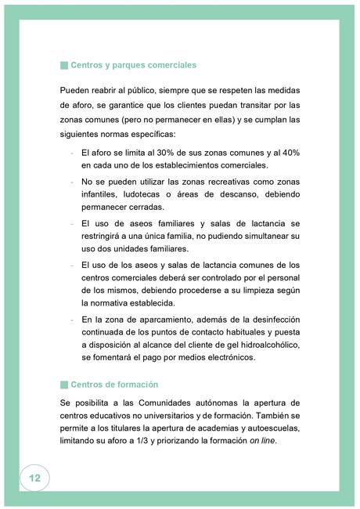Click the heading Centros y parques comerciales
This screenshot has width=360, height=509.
pos(133,64)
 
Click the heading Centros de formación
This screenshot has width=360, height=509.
pos(114,384)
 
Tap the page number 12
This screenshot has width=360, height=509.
pos(34,477)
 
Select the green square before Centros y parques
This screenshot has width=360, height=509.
pos(63,64)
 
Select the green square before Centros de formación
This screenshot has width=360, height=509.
pos(63,384)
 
